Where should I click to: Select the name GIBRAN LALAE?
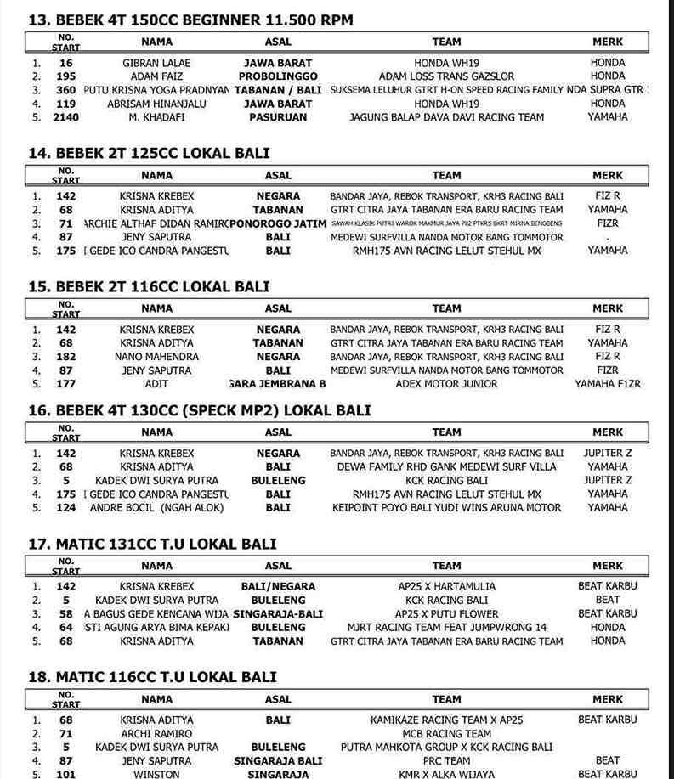coord(156,63)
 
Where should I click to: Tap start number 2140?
coord(65,117)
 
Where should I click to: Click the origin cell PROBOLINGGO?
coord(277,76)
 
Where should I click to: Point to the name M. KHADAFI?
coord(156,117)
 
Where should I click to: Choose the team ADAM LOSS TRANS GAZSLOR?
coord(446,76)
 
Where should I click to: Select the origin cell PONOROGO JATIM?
coord(277,223)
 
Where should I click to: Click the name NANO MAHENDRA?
coord(156,357)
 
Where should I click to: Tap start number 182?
coord(65,357)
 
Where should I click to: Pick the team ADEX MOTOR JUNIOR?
coord(446,384)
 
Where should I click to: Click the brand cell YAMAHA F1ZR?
coord(607,384)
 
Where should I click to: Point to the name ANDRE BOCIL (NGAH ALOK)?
coord(156,507)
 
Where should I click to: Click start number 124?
coord(65,507)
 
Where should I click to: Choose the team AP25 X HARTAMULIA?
coord(446,586)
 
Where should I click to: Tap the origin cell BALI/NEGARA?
coord(277,586)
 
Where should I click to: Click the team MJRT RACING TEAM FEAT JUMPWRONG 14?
coord(446,628)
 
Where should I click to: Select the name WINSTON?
coord(156,775)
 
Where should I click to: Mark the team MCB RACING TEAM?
coord(446,733)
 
